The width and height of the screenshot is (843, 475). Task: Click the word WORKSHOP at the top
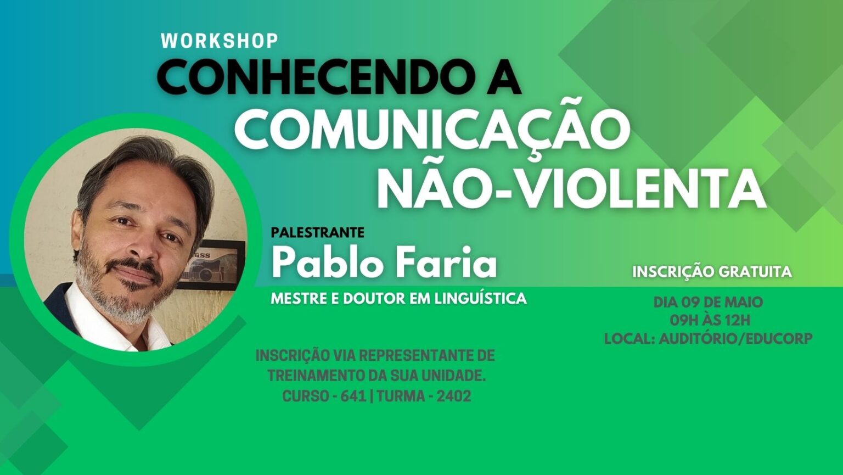(220, 41)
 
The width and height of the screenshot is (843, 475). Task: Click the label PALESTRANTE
(318, 232)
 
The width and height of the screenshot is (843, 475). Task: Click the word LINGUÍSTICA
(481, 298)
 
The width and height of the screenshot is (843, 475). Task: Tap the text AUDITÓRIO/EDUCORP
(736, 338)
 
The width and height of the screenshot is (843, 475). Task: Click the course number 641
(353, 396)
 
